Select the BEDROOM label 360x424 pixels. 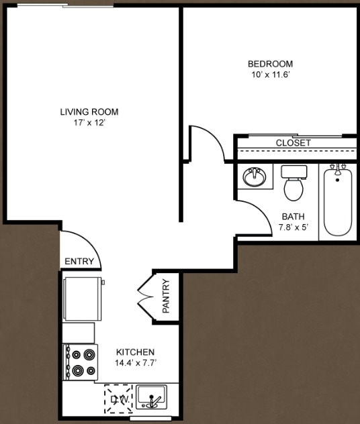[x=270, y=64]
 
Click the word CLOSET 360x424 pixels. [x=294, y=143]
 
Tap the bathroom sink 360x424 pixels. [x=254, y=178]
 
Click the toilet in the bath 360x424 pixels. [x=294, y=183]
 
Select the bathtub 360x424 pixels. [x=337, y=201]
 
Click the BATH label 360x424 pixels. [x=293, y=217]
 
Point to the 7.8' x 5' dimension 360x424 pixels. [x=293, y=227]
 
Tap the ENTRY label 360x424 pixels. [x=79, y=262]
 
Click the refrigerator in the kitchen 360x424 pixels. [x=82, y=299]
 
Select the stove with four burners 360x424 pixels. [x=81, y=362]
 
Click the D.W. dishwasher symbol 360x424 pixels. [x=118, y=399]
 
